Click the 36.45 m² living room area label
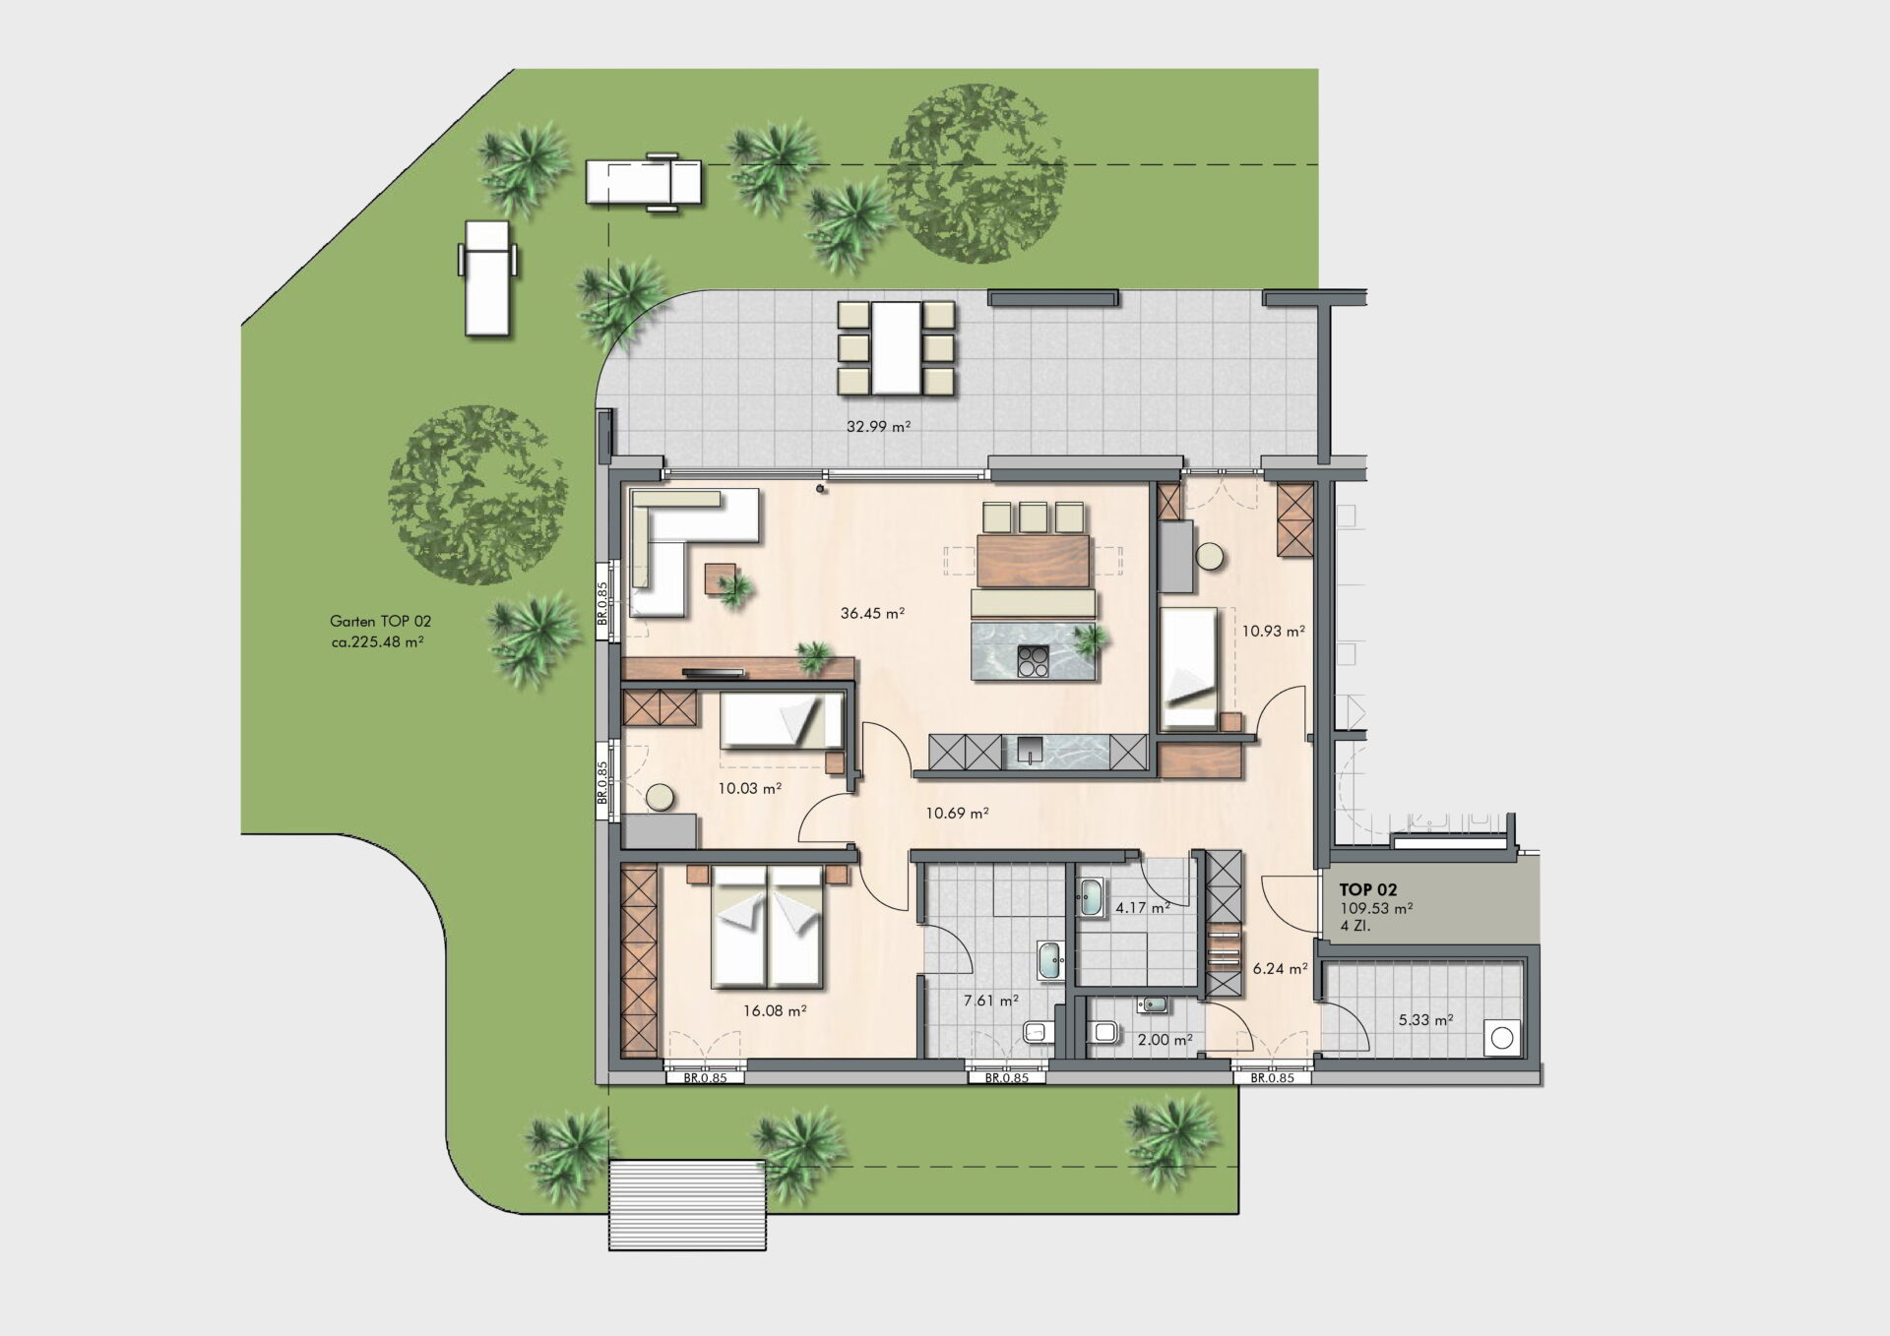(872, 614)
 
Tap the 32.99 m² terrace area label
(878, 427)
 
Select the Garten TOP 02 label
(380, 622)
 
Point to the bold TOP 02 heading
(1368, 890)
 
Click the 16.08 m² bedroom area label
(776, 1010)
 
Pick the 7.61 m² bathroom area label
(991, 1001)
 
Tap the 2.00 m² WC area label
(1165, 1040)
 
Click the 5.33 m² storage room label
(1426, 1020)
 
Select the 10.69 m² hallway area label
(957, 814)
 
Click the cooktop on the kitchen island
(1032, 660)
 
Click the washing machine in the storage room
(1502, 1038)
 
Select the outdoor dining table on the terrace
(896, 347)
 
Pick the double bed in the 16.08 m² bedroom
(767, 926)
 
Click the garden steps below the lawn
(687, 1205)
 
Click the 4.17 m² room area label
(1143, 908)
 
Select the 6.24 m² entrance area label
(1280, 969)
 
